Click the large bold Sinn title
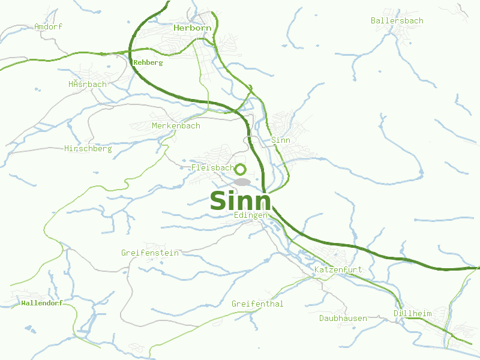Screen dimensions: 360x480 coord(240,200)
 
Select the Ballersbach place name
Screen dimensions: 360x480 coord(397,20)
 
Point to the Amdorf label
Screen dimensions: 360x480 coord(48,26)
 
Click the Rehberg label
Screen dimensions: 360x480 coord(148,62)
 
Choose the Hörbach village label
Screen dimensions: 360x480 coord(88,84)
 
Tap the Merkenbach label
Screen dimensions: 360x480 coord(176,126)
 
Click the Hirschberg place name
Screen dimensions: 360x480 coord(88,148)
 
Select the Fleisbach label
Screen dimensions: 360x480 coord(212,167)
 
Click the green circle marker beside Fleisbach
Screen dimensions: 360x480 coord(240,169)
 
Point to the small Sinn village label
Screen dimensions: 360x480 coord(281,140)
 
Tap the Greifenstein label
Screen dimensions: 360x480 coord(150,253)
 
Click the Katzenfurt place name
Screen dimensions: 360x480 coord(338,270)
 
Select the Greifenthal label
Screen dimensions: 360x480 coord(257,304)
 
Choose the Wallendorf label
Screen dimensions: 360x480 coord(41,303)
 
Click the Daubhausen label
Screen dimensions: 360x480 coord(343,318)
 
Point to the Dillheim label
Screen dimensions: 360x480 coord(412,313)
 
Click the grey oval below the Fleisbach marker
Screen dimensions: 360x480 coord(242,181)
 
